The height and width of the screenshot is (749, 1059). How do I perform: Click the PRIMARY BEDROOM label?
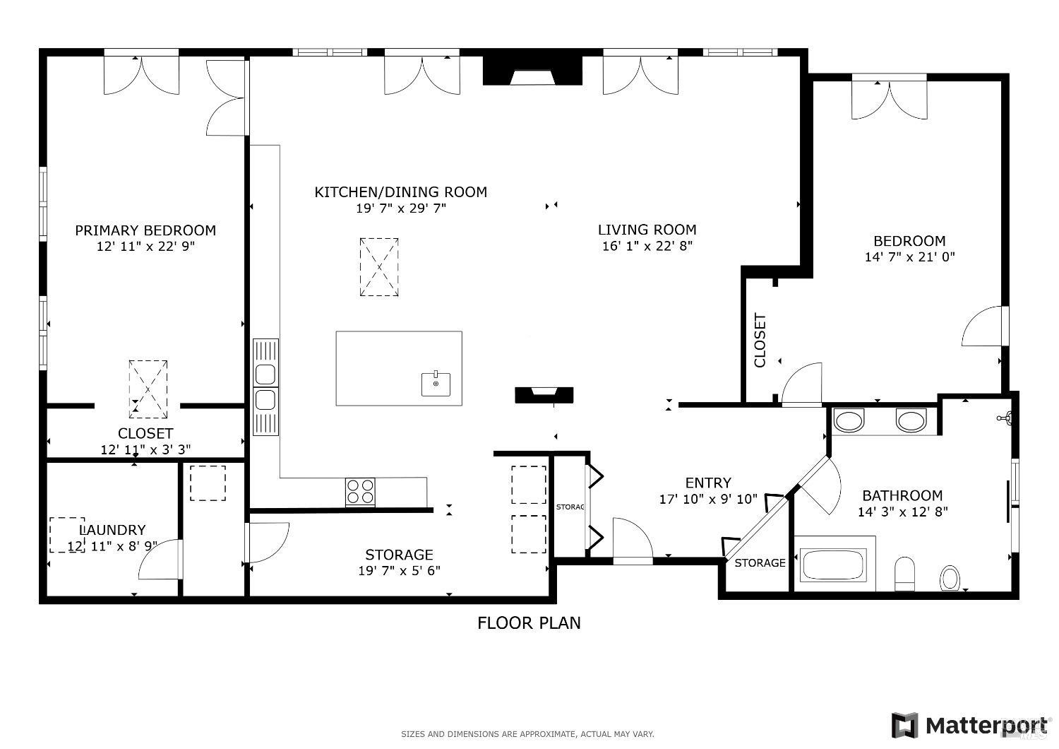145,230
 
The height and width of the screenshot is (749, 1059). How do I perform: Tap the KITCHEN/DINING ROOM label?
400,192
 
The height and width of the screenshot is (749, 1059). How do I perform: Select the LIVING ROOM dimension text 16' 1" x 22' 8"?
647,246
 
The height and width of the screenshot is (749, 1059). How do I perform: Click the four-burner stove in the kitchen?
360,492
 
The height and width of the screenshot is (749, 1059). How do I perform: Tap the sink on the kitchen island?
436,384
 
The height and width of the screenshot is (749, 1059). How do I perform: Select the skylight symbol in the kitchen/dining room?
379,267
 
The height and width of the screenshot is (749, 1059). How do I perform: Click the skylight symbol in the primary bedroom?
148,388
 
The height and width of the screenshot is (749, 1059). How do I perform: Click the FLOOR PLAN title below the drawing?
529,623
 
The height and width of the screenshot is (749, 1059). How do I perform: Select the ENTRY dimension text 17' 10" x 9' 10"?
708,500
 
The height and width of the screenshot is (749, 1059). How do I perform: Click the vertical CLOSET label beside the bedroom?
760,341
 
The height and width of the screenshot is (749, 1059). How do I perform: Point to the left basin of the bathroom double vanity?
849,420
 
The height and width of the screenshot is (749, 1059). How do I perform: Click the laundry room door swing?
161,560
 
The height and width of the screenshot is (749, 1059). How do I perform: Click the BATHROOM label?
902,495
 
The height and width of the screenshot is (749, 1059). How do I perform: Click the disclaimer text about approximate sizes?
527,734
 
